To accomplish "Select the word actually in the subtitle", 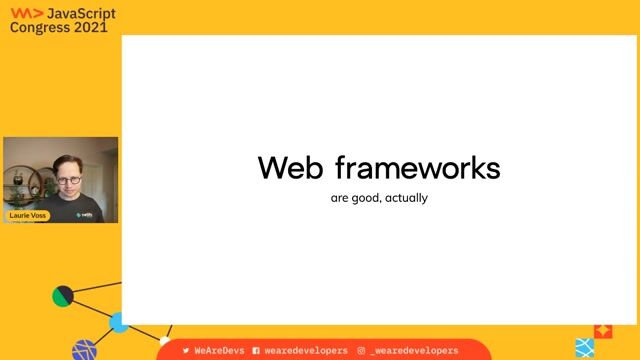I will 409,198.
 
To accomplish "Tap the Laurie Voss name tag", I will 29,214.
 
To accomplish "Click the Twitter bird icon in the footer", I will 186,351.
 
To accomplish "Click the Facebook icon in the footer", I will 257,351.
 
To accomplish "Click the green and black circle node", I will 63,295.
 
